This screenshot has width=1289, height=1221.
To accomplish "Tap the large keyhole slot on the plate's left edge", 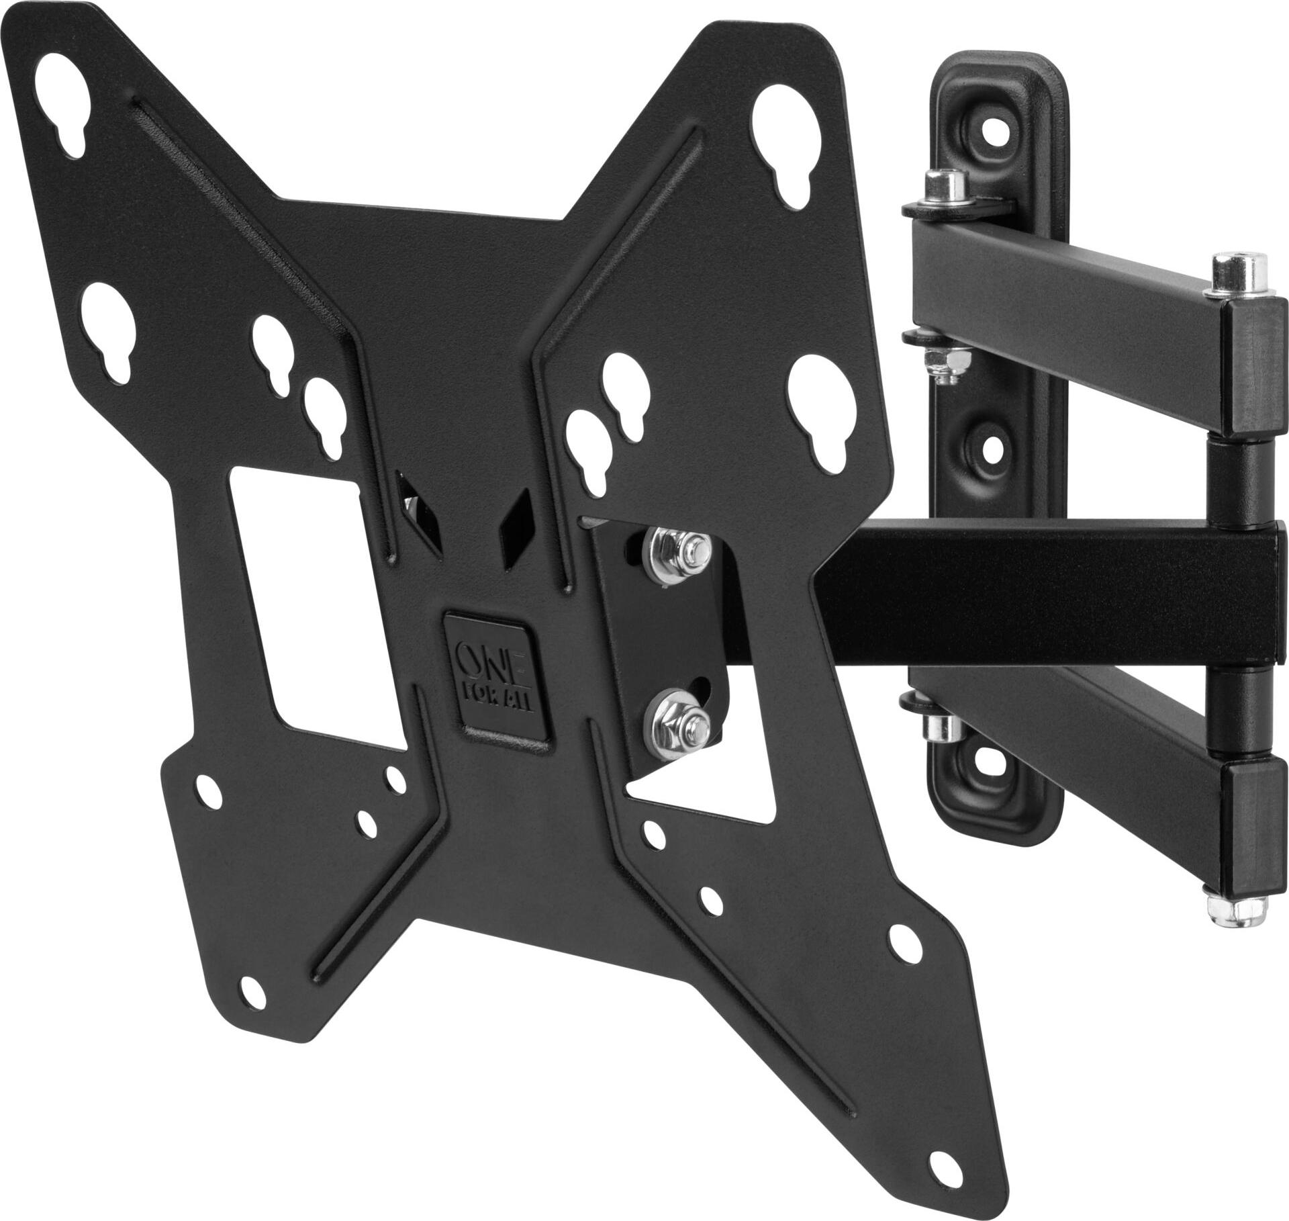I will pos(111,329).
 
